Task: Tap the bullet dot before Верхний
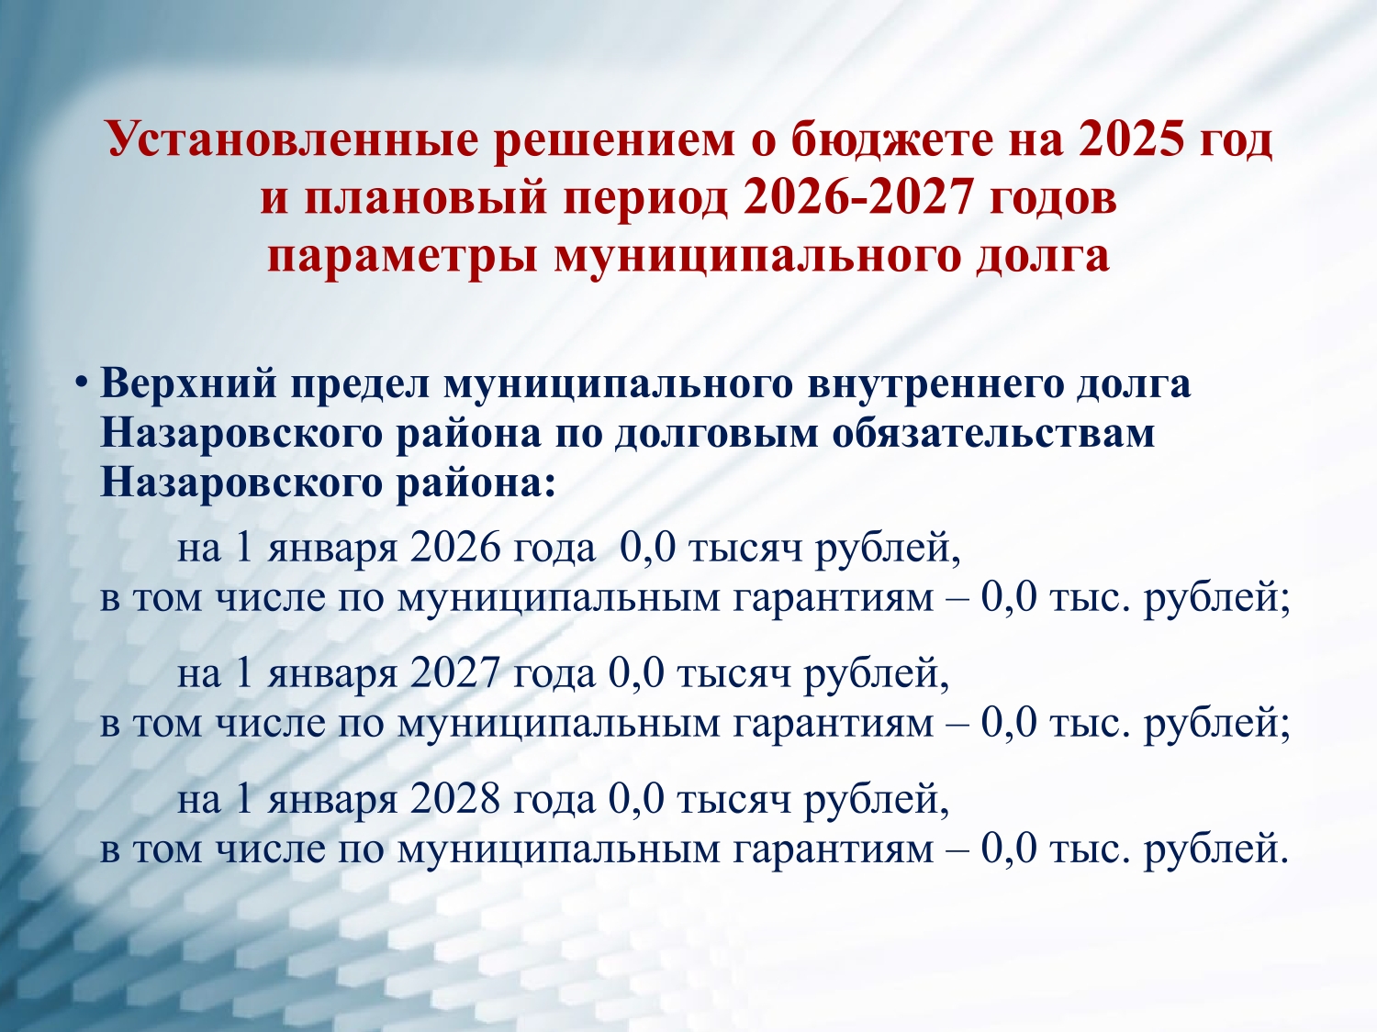[x=80, y=383]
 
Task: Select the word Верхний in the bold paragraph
[x=188, y=383]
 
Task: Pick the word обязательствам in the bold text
[x=993, y=434]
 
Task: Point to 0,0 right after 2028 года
[x=635, y=800]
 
